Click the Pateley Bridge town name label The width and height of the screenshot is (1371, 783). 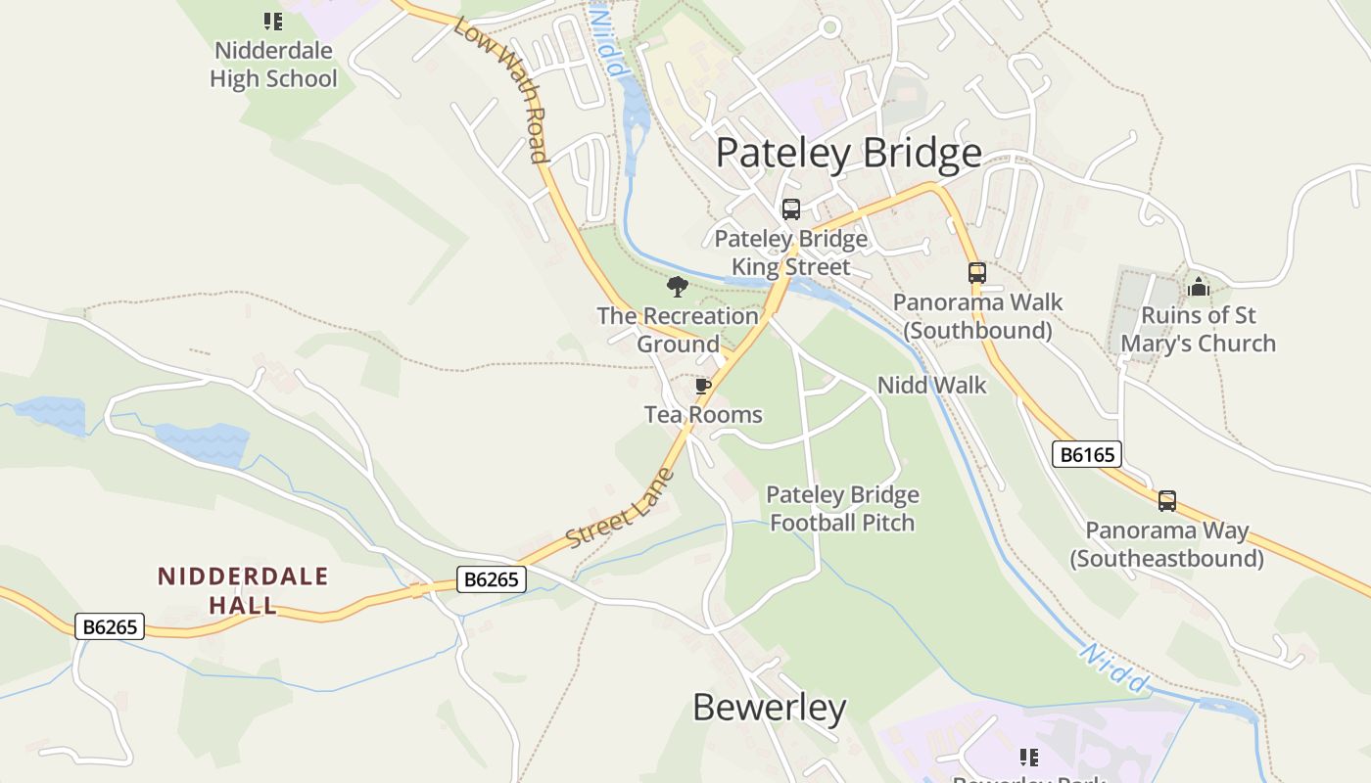(848, 154)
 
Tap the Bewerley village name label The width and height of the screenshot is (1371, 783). (769, 707)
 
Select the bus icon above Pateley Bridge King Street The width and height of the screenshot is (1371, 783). (790, 209)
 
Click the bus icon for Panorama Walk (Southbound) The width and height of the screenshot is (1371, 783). (976, 273)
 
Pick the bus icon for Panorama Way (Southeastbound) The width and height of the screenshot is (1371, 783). (1166, 501)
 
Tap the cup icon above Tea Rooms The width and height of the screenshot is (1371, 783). (702, 387)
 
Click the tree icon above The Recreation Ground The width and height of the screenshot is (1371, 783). (677, 287)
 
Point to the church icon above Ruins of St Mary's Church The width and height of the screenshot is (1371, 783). (1198, 287)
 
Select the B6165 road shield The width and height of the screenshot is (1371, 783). (1086, 454)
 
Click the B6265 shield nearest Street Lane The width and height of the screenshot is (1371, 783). (492, 579)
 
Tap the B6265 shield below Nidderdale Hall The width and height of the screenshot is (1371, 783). (110, 626)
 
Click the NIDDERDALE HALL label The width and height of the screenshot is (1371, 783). (243, 590)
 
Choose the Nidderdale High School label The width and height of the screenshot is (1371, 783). (273, 65)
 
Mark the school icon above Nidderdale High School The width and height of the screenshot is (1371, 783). (273, 21)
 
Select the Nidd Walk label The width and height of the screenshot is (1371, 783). (931, 386)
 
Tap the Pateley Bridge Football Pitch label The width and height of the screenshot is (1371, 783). (842, 509)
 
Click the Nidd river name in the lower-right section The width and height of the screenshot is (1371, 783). (1113, 668)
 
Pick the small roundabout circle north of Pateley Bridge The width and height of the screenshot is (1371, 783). (830, 27)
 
